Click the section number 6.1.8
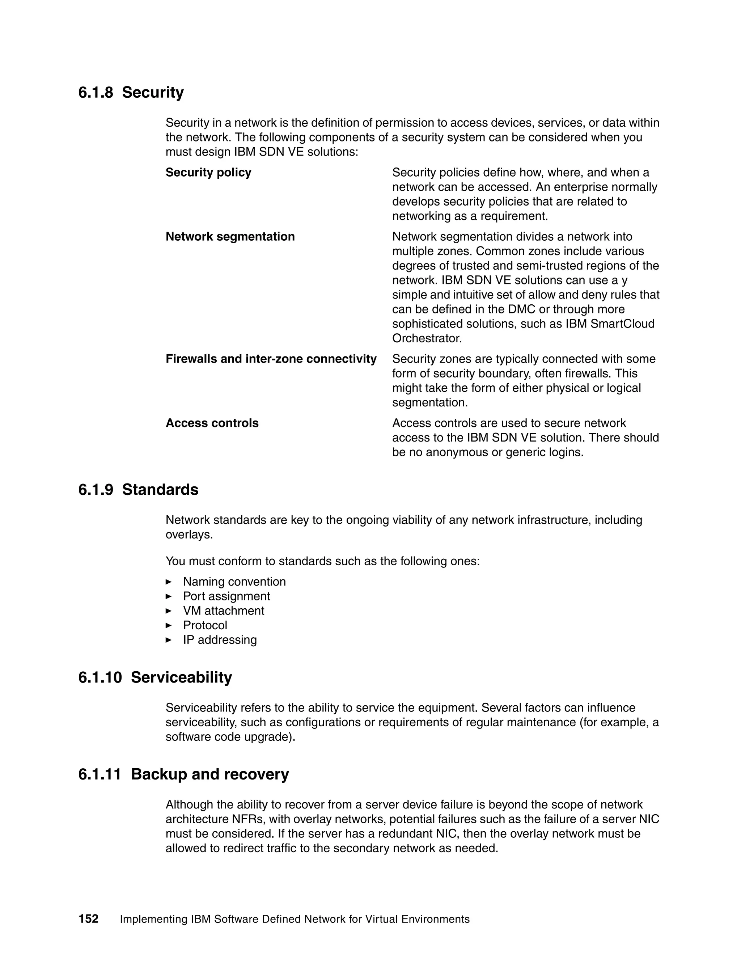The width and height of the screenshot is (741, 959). click(95, 93)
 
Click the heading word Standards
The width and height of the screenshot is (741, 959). click(160, 490)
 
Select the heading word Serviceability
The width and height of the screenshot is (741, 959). click(181, 677)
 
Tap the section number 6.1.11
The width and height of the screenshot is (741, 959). click(99, 774)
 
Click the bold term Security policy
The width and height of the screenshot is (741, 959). click(208, 173)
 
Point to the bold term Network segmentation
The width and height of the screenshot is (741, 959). click(230, 237)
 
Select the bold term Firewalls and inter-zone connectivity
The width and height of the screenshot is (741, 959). click(271, 359)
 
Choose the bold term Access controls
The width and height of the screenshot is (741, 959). click(212, 423)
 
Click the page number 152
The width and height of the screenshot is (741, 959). click(88, 919)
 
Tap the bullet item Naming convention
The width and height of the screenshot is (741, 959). click(234, 582)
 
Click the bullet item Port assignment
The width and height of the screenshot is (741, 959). click(226, 596)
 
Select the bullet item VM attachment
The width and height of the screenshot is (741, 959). click(224, 611)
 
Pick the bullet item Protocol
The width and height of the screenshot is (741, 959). click(205, 625)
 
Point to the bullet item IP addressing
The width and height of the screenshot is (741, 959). click(220, 640)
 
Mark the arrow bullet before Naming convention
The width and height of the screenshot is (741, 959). click(169, 582)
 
